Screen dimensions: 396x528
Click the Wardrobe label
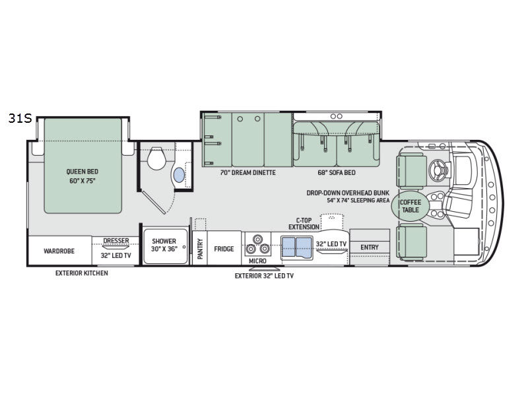click(59, 251)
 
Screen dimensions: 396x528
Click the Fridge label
click(224, 249)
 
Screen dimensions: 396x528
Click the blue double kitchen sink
click(296, 248)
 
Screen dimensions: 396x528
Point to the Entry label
click(370, 247)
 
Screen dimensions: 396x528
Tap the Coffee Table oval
click(409, 206)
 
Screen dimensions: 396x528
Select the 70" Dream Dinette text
click(247, 172)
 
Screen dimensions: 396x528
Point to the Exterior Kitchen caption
click(82, 273)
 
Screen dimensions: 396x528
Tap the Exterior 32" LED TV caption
click(264, 276)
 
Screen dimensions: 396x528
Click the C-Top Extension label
click(304, 223)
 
